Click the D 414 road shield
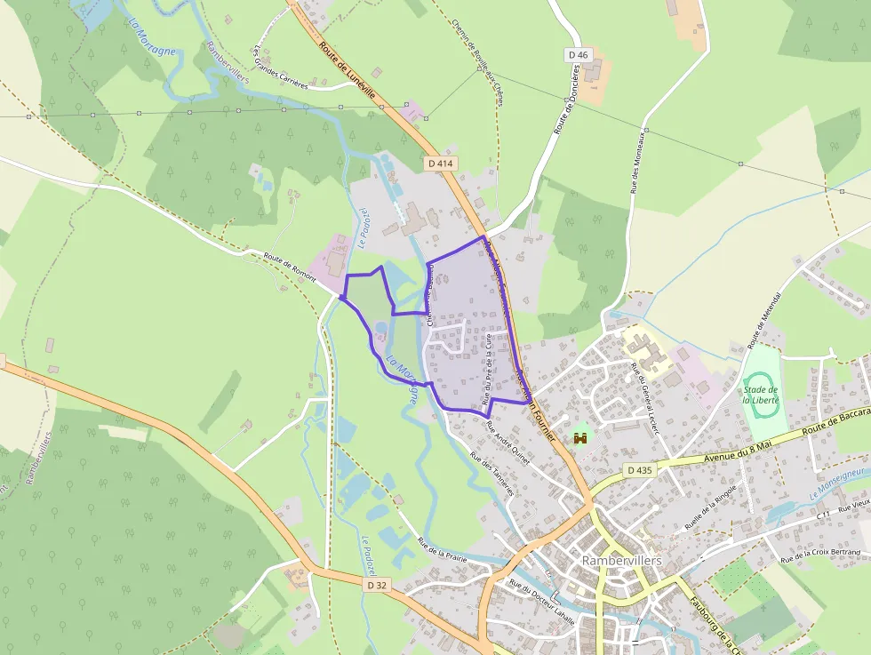click(x=439, y=164)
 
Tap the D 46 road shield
click(x=578, y=55)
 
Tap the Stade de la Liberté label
click(x=761, y=394)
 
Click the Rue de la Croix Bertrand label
click(x=820, y=556)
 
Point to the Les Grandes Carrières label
click(x=280, y=68)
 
